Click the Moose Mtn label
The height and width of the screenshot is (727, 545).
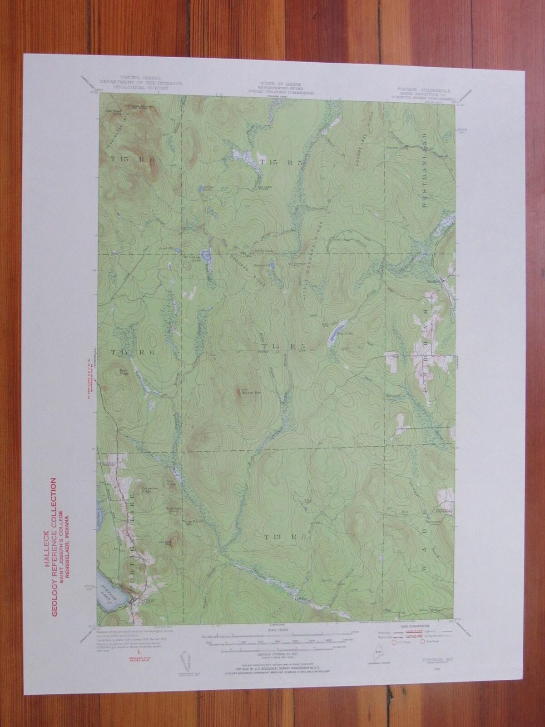tap(246, 392)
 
